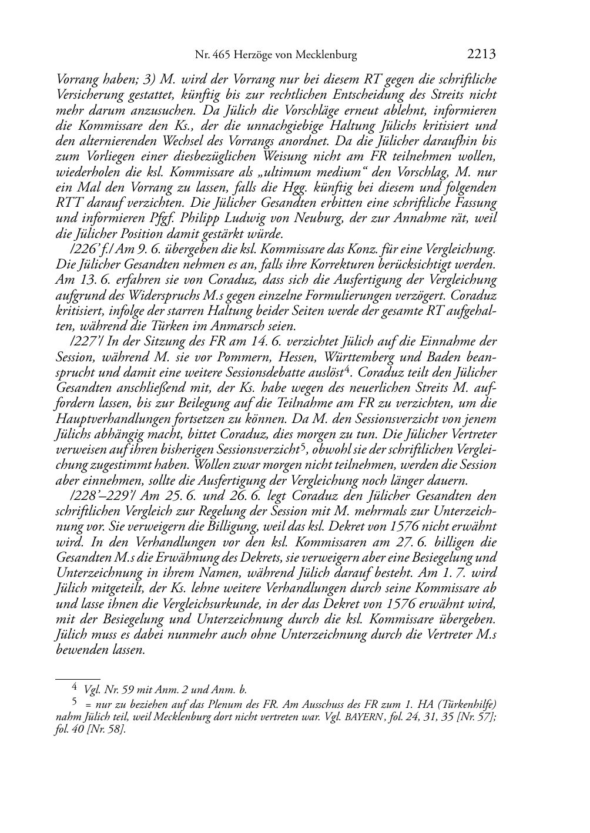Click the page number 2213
(x=482, y=55)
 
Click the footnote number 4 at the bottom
(x=75, y=685)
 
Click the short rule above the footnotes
(x=77, y=677)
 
